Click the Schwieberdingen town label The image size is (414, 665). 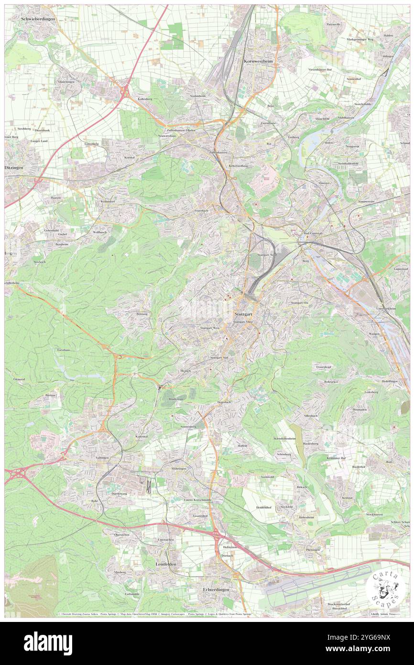click(38, 18)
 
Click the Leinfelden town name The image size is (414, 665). click(166, 564)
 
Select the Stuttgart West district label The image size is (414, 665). click(209, 328)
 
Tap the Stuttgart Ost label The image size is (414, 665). click(300, 303)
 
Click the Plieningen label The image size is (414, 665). click(313, 550)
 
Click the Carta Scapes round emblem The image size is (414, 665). click(384, 588)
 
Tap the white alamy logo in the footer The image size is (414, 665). click(48, 643)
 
